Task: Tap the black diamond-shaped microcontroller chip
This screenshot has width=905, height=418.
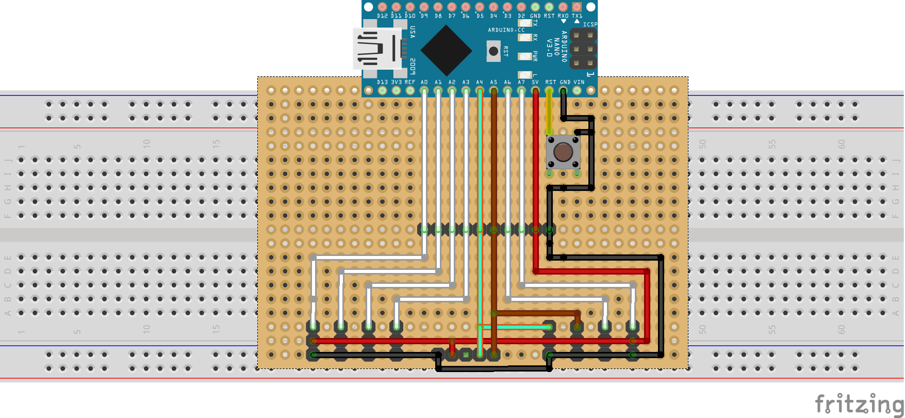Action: (446, 51)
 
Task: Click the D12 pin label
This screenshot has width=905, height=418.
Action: (382, 16)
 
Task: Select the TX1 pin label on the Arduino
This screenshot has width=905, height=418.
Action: (577, 16)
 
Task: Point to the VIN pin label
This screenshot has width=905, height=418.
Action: (579, 82)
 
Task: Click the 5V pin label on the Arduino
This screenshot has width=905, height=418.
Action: (535, 82)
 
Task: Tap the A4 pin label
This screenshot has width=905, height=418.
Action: (480, 82)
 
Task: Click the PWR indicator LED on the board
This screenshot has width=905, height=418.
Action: (525, 56)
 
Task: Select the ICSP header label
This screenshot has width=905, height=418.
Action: (590, 24)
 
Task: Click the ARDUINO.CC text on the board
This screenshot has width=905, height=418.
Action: (506, 30)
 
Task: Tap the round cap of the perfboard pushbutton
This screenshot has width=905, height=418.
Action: (563, 152)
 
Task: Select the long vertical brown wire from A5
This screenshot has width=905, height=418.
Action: (494, 206)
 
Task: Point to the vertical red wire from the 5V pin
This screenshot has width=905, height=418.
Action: (536, 181)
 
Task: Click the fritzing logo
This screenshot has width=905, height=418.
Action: (859, 404)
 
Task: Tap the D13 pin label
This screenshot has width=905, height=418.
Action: (382, 82)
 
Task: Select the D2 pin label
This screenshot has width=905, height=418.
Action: (521, 16)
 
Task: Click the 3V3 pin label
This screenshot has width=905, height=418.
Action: (396, 82)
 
